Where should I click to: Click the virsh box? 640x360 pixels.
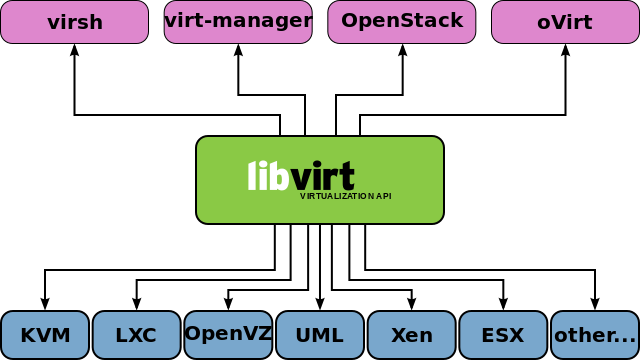pos(74,22)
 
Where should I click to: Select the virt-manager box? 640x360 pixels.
pos(238,22)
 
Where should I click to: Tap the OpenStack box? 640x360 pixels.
pos(402,22)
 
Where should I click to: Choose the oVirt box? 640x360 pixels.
pos(565,22)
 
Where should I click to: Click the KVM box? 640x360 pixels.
pos(45,335)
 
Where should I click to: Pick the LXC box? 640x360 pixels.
pos(136,335)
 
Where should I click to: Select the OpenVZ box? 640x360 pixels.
pos(228,335)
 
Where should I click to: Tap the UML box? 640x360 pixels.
pos(320,335)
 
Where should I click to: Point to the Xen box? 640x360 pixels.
pos(411,335)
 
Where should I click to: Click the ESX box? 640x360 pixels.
pos(503,335)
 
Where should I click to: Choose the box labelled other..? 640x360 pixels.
pos(595,335)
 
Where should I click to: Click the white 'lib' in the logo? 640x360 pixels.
pos(268,176)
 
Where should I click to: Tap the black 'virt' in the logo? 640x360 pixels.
pos(323,176)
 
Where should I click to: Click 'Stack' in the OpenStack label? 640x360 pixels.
pos(437,21)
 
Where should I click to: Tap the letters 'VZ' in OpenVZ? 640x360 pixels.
pos(258,334)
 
